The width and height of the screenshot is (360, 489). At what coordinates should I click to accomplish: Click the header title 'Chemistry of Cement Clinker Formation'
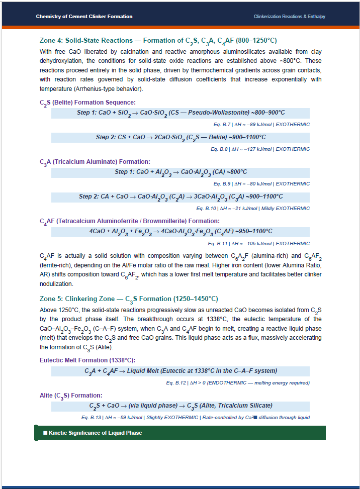84,17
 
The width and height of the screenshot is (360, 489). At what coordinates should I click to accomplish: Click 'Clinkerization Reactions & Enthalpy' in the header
289,17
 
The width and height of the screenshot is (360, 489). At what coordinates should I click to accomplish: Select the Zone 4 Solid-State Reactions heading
158,41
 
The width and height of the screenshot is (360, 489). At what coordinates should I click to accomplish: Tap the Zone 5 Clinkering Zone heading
129,299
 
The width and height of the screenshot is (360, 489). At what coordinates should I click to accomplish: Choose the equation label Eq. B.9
222,184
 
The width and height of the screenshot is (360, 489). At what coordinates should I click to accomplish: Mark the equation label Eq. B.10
206,209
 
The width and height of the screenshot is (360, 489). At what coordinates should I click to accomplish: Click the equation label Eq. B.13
91,418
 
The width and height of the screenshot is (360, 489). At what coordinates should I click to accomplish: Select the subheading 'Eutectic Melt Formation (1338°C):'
87,360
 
